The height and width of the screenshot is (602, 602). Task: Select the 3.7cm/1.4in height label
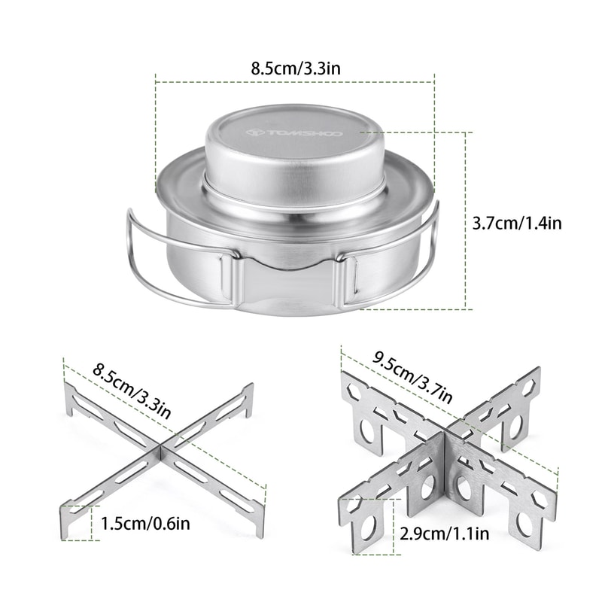click(x=517, y=223)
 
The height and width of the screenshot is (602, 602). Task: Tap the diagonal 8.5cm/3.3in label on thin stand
click(x=132, y=391)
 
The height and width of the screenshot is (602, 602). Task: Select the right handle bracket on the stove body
click(x=348, y=282)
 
